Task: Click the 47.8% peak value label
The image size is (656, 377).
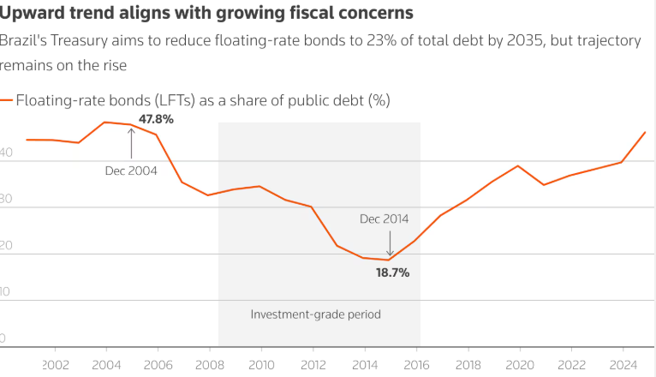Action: click(x=156, y=119)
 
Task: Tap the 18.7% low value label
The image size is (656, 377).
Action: click(x=392, y=272)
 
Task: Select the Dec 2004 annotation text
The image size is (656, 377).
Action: click(x=131, y=171)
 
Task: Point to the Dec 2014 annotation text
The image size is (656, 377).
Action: click(x=384, y=218)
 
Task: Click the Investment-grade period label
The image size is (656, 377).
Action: click(x=315, y=314)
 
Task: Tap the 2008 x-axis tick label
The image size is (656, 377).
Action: click(x=210, y=363)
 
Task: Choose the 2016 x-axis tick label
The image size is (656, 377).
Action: click(x=416, y=363)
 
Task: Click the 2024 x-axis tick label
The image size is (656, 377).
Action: click(x=623, y=363)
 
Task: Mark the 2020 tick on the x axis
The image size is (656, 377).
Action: click(x=519, y=363)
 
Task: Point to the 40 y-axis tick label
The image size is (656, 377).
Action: click(x=6, y=153)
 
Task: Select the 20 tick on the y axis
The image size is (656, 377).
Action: click(x=6, y=246)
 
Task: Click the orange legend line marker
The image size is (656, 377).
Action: click(x=8, y=100)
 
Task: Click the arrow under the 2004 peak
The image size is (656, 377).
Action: click(x=131, y=144)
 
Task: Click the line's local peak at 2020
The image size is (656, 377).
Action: click(x=518, y=165)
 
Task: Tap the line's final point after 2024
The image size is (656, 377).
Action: click(x=645, y=132)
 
